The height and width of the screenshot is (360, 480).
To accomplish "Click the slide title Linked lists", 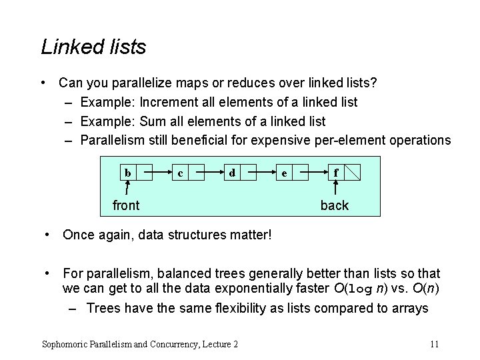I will [x=93, y=47].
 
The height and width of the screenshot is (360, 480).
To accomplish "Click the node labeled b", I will [x=127, y=173].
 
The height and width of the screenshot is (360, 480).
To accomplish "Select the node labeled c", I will [x=180, y=173].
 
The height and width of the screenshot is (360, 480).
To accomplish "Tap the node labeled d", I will [x=231, y=173].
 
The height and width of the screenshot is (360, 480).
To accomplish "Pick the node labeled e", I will [x=285, y=173].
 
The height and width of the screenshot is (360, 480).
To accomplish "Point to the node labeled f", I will [x=336, y=173].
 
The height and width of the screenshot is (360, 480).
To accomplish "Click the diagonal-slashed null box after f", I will [x=353, y=173].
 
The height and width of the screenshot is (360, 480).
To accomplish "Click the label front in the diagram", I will [x=126, y=205].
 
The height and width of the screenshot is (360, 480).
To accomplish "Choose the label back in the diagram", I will [x=334, y=205].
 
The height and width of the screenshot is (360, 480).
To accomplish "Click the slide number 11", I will [x=434, y=344].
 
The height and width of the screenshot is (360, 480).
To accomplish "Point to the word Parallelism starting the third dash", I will [x=112, y=140].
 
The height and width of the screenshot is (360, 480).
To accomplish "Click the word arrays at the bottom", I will [x=409, y=308].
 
